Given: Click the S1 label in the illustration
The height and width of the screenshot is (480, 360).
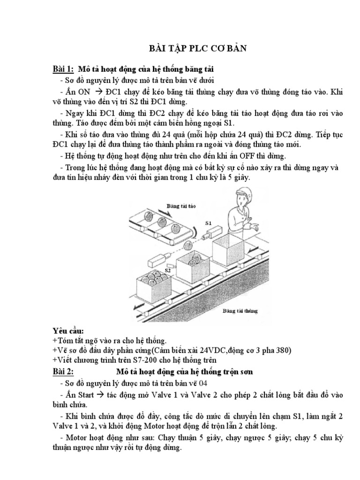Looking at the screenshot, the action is (x=209, y=223).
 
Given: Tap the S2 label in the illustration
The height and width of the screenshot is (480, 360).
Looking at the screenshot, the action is (x=166, y=270).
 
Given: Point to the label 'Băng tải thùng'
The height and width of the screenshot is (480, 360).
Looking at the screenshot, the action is (x=240, y=310).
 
